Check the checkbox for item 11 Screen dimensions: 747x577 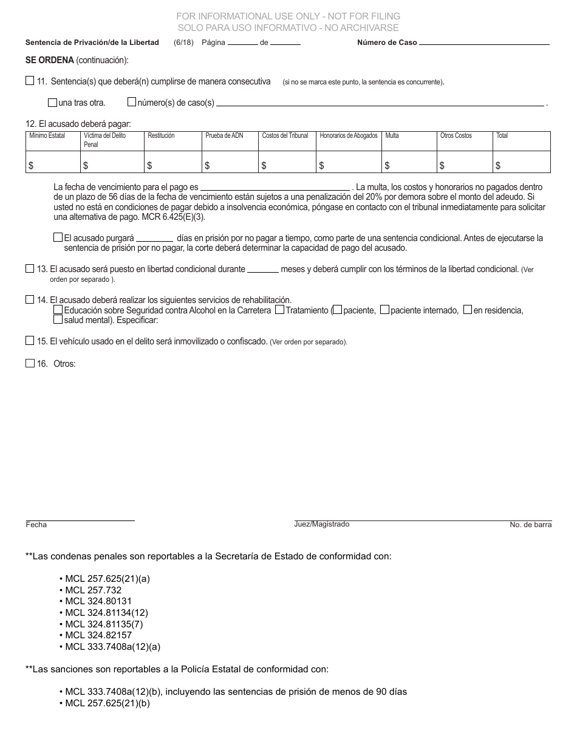30,80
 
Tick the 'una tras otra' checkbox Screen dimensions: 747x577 53,102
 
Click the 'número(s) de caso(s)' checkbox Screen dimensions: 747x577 132,102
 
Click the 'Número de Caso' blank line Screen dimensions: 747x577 484,43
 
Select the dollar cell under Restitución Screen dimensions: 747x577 172,165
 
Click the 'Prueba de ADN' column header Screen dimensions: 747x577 224,136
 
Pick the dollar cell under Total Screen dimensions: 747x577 521,165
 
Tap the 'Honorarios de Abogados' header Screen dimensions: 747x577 348,136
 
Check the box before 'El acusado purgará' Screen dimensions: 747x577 58,237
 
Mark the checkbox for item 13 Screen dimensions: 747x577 30,268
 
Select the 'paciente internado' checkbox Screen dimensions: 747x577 384,310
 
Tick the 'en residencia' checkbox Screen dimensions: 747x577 467,310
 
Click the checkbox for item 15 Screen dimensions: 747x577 30,341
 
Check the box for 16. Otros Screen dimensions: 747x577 30,363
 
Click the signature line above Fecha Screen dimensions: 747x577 80,518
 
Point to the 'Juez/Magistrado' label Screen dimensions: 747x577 321,524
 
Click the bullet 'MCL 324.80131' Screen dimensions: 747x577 98,601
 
